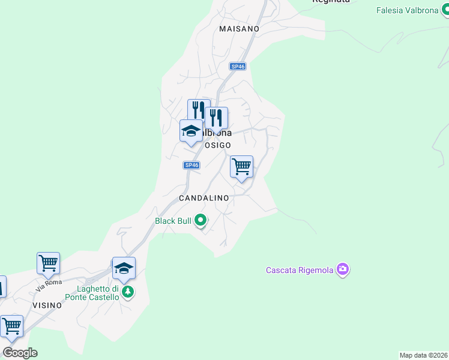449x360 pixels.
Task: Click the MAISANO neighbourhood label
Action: click(x=239, y=29)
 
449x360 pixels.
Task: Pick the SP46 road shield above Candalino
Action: click(x=191, y=165)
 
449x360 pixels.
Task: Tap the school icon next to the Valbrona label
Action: click(x=191, y=131)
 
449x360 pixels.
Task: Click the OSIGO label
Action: click(x=217, y=145)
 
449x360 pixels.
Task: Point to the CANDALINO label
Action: click(x=204, y=197)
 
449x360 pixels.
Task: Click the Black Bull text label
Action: click(x=173, y=221)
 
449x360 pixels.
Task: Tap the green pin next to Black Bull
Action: click(x=201, y=221)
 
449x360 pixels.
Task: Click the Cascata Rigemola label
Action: click(x=300, y=270)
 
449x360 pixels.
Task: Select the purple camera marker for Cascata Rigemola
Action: click(x=343, y=269)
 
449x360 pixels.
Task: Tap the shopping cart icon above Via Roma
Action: click(x=48, y=263)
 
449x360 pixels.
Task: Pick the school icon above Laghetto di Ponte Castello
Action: click(x=124, y=268)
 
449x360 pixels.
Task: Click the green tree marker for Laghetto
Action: click(x=127, y=292)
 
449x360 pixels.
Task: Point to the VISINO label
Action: click(x=47, y=305)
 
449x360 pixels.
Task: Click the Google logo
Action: click(x=20, y=353)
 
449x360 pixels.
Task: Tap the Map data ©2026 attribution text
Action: click(x=423, y=355)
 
